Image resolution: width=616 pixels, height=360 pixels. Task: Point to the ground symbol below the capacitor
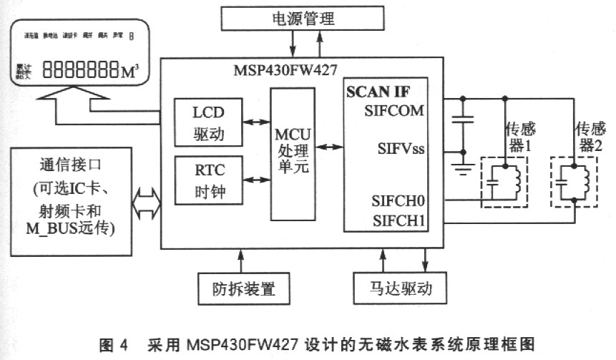(464, 168)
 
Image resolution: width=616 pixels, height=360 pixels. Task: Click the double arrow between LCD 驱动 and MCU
(254, 123)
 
